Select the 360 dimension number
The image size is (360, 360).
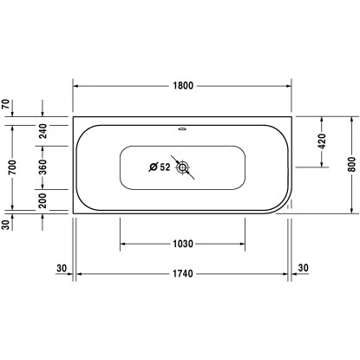[x=43, y=168]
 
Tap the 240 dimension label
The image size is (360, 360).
[x=43, y=131]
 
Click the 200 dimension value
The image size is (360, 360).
[x=43, y=200]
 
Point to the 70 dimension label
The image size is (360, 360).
[x=8, y=105]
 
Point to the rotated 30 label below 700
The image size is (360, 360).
[x=8, y=226]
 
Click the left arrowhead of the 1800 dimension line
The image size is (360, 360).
[x=75, y=86]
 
